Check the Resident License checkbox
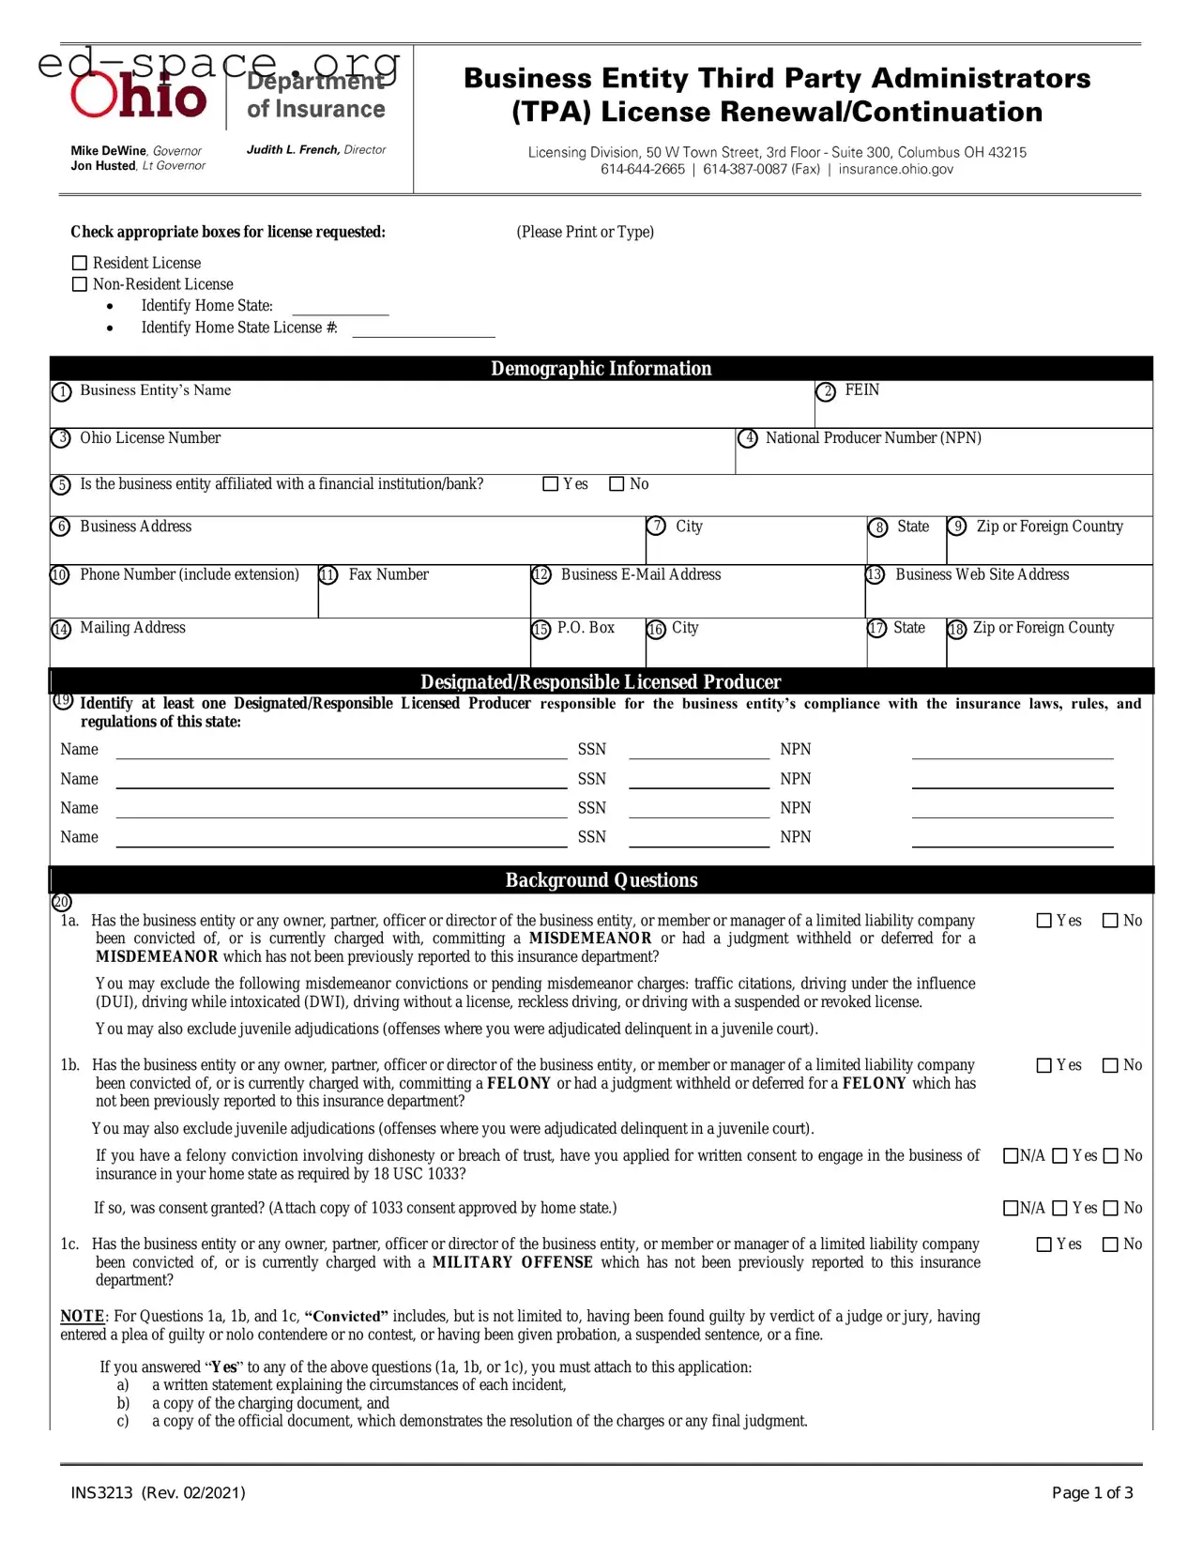(80, 264)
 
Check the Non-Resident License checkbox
(80, 284)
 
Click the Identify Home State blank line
(340, 313)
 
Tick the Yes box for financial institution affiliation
(551, 484)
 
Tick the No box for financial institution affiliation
(617, 484)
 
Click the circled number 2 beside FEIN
(826, 392)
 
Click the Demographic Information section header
(601, 369)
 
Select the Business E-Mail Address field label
(640, 574)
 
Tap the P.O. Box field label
(586, 628)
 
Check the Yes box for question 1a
(1043, 921)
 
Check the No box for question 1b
(1110, 1065)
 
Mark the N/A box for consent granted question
(1012, 1208)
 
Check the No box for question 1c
(1110, 1244)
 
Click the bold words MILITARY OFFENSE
(512, 1262)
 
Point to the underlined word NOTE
(83, 1317)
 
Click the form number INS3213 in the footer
(102, 1492)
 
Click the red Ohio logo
(139, 97)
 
